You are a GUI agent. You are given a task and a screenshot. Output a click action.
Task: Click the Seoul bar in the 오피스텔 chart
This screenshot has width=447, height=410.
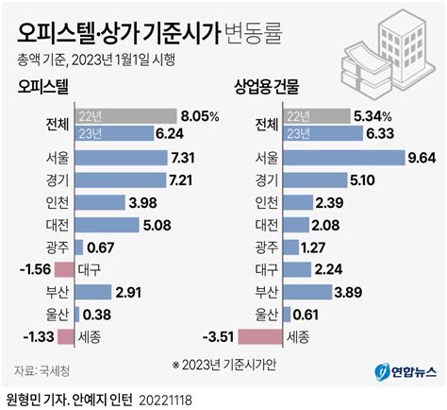119,156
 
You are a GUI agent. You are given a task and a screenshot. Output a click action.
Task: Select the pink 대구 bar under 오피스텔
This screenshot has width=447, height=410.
65,269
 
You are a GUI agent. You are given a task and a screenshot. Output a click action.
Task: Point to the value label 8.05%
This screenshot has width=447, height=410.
199,117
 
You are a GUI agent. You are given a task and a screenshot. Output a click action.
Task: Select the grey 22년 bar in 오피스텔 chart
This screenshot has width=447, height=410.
124,117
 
